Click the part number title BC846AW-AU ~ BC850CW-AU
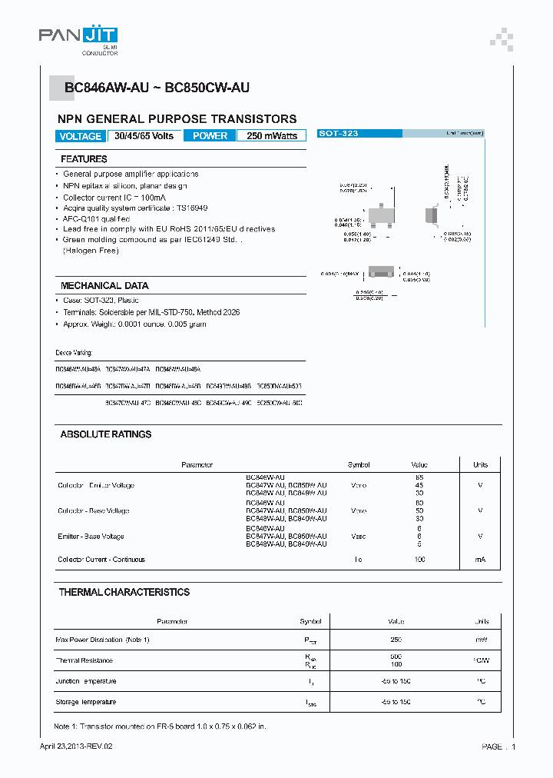click(x=157, y=88)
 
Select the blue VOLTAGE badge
click(x=80, y=136)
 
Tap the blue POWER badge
click(x=210, y=136)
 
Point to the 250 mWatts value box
click(x=272, y=136)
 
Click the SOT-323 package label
click(x=339, y=134)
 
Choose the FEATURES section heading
click(x=84, y=159)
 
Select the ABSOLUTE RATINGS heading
click(x=106, y=434)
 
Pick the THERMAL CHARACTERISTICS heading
click(x=124, y=592)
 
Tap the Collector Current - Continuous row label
click(x=101, y=560)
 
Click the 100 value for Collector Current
click(x=419, y=560)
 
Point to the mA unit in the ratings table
click(x=480, y=560)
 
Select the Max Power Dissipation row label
click(x=102, y=640)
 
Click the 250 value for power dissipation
click(x=396, y=640)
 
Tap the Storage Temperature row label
click(x=86, y=702)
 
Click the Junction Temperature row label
click(x=86, y=681)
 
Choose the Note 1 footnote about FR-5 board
click(x=160, y=726)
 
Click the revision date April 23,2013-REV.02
click(x=80, y=746)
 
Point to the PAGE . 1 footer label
click(x=498, y=746)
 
